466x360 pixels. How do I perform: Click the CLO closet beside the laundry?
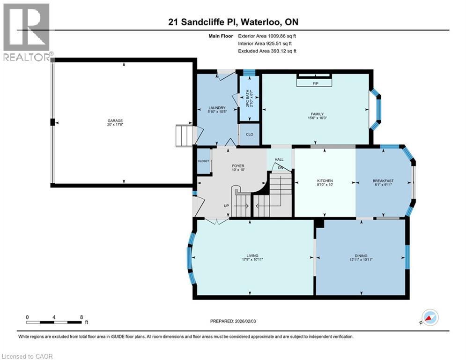[x=250, y=135]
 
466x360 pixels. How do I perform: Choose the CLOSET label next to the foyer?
[x=203, y=161]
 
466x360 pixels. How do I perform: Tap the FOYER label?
[x=238, y=165]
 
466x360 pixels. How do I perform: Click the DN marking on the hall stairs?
[x=281, y=167]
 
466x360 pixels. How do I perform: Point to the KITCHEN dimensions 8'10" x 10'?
[x=325, y=185]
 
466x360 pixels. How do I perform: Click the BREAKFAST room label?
[x=383, y=181]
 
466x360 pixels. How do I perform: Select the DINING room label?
[x=361, y=255]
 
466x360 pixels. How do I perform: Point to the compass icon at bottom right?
[x=430, y=317]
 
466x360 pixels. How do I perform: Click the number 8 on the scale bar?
[x=81, y=317]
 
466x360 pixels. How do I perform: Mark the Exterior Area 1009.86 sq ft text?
[x=267, y=36]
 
